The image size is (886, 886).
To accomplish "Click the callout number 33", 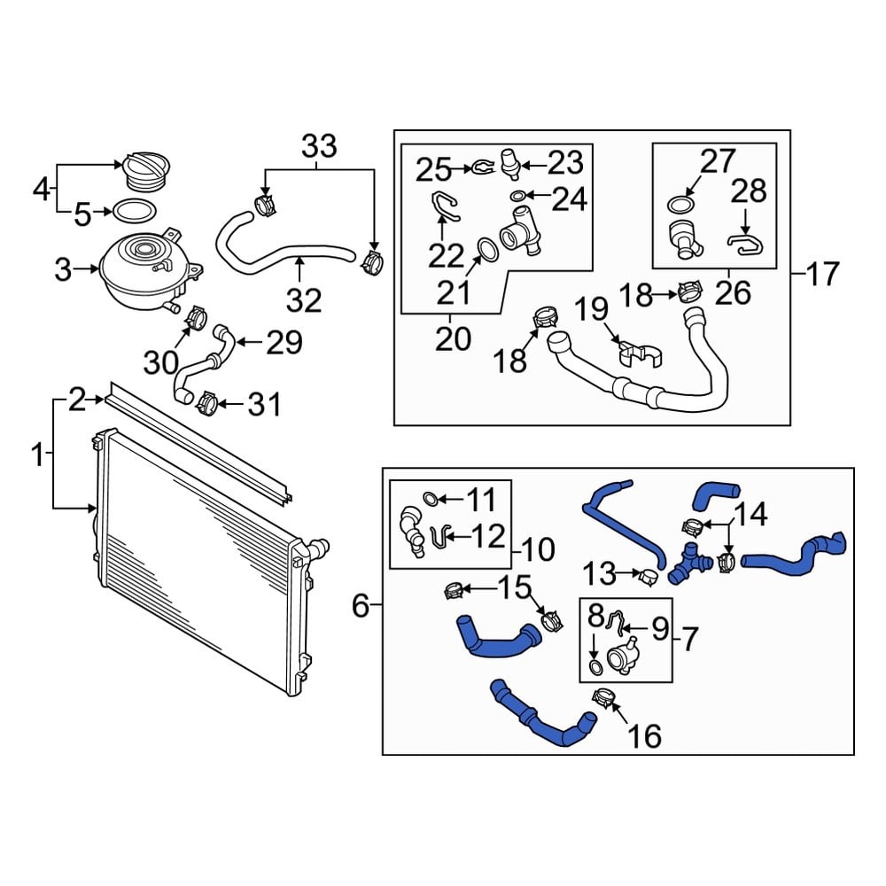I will tap(320, 145).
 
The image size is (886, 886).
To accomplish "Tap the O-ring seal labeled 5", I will tap(133, 212).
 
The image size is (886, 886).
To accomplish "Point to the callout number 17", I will tap(821, 274).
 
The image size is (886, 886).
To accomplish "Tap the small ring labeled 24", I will tap(517, 196).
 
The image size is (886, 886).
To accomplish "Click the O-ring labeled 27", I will tap(678, 205).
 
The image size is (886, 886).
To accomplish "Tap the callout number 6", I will tap(360, 606).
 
